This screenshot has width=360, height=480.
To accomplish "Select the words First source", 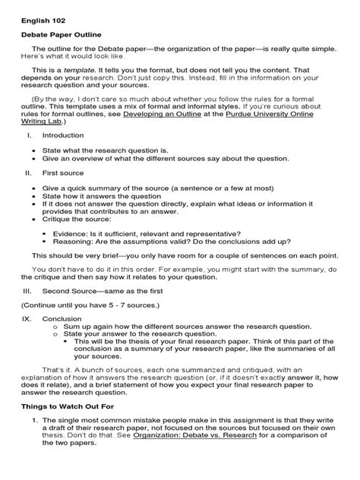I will [x=65, y=172].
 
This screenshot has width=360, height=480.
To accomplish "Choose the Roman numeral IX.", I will [x=28, y=319].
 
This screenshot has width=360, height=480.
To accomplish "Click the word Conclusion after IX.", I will [x=64, y=319].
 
